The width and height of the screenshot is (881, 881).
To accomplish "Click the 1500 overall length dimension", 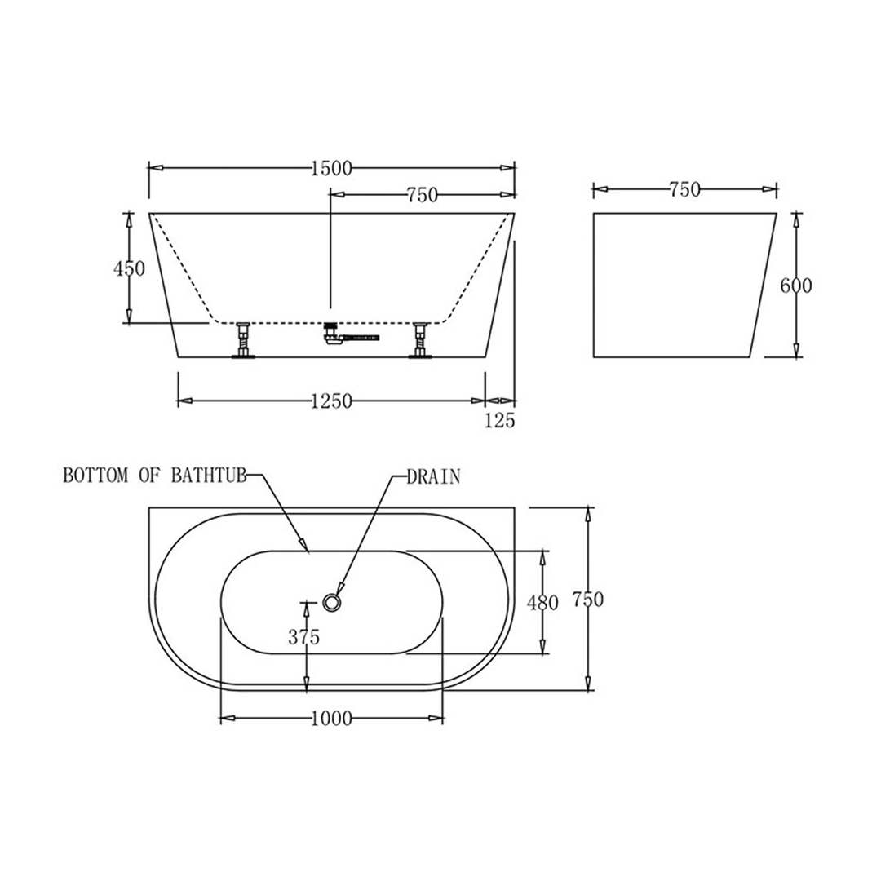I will (331, 169).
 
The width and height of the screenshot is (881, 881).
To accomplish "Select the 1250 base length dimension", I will (331, 401).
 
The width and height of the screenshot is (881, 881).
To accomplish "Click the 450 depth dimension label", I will (130, 268).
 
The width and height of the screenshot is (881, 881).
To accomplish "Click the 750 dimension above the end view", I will (684, 190).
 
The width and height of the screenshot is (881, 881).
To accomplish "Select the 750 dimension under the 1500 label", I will (423, 195).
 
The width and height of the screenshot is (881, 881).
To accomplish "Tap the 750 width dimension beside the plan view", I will (587, 600).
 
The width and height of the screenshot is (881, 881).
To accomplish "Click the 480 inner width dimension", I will (542, 604).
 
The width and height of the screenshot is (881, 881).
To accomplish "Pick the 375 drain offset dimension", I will (303, 637).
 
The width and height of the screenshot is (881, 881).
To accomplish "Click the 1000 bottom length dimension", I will (331, 719).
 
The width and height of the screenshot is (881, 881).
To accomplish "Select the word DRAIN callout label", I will (433, 477).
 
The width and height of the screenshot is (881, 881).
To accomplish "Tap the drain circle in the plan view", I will (331, 602).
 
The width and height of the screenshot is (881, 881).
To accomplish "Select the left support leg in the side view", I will (242, 340).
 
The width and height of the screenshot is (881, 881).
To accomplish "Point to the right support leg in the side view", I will (420, 340).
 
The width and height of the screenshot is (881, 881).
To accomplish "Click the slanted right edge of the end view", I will (762, 286).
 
